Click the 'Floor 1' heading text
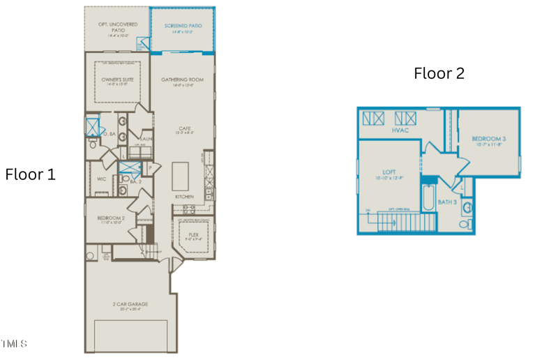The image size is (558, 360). (30, 174)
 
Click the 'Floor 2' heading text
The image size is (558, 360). (439, 73)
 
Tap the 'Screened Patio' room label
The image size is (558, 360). (183, 27)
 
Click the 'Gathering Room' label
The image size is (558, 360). (182, 80)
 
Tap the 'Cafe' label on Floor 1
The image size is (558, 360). (184, 128)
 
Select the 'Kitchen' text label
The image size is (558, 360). (184, 197)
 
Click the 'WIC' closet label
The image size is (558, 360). (101, 179)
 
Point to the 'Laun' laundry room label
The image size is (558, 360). (145, 139)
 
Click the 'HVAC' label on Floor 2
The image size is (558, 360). (400, 130)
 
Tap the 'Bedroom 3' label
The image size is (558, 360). (488, 139)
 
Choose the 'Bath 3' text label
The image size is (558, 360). (447, 202)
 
